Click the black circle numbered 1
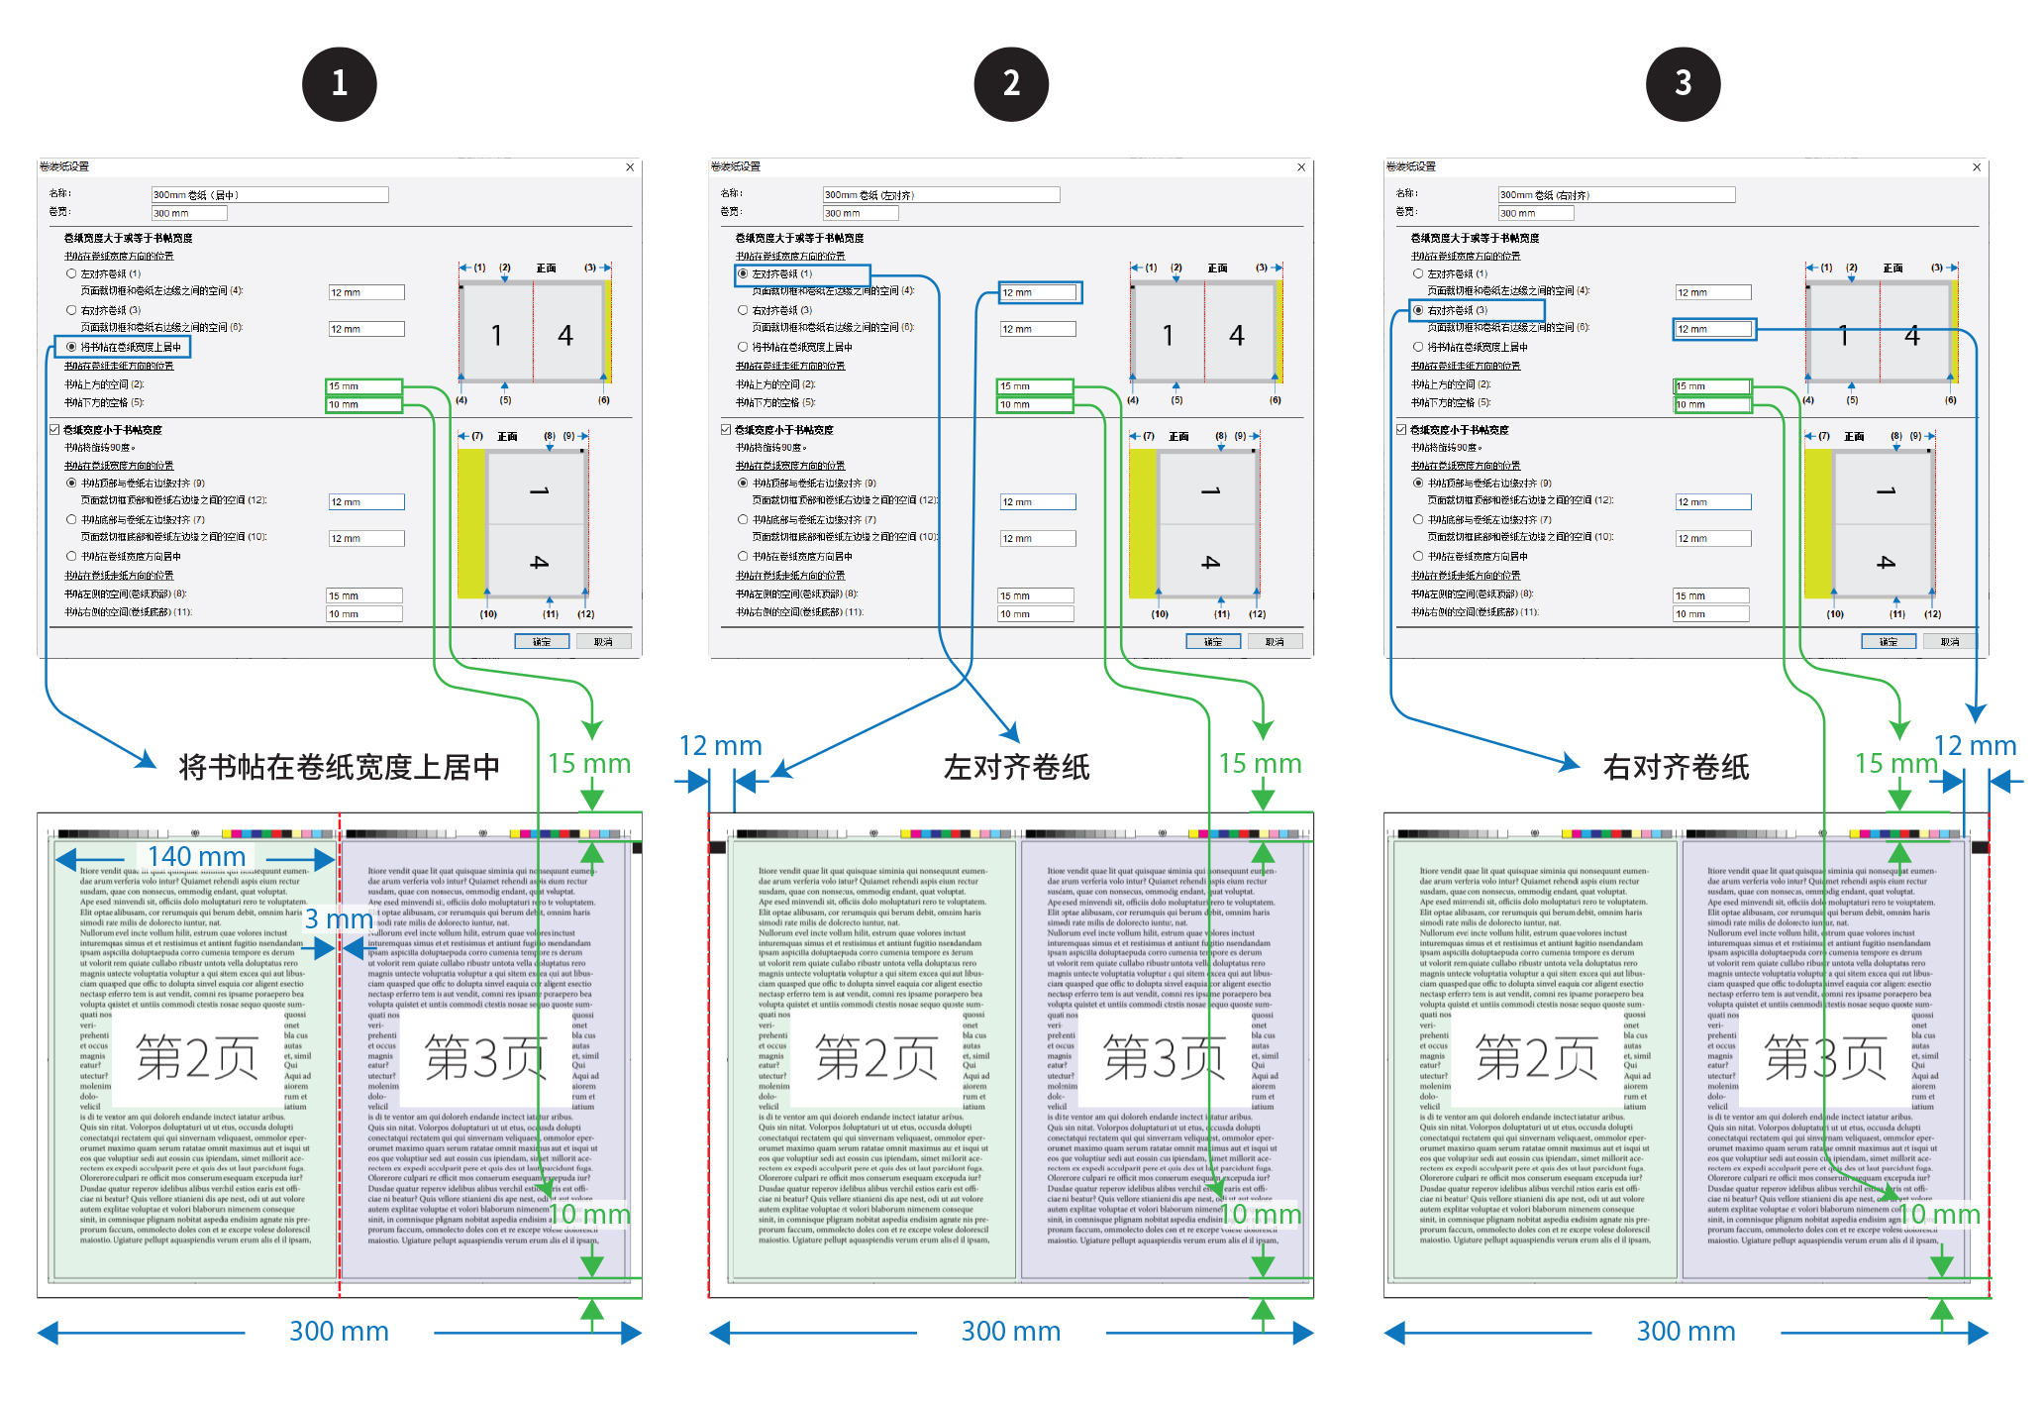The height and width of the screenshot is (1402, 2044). tap(339, 84)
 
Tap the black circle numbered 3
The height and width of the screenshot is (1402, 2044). tap(1683, 84)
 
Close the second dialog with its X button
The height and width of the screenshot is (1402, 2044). tap(1301, 167)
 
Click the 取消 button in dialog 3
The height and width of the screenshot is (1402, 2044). tap(1950, 641)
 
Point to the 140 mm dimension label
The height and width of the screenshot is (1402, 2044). tap(196, 856)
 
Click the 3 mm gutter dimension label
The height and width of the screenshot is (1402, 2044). tap(338, 919)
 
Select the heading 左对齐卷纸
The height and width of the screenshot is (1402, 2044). tap(1016, 767)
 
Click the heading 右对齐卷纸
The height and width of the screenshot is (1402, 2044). tap(1676, 767)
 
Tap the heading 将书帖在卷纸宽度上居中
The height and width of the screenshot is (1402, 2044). tap(339, 767)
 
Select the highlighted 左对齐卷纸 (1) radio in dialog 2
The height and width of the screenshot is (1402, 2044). tap(743, 273)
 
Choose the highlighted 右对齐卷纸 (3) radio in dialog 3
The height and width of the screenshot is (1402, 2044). tap(1418, 310)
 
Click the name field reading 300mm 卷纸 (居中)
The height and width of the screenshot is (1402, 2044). tap(269, 195)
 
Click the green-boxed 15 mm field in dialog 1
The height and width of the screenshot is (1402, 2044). tap(363, 386)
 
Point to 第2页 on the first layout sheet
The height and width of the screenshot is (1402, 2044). tap(196, 1058)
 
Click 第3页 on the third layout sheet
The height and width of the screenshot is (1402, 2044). tap(1824, 1058)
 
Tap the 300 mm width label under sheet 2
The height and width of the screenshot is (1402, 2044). tap(1010, 1331)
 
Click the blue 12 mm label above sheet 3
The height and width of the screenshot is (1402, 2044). tap(1975, 745)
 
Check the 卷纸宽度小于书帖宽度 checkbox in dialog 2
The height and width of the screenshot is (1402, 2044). tap(727, 430)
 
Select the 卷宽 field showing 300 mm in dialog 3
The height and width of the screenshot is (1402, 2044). tap(1535, 213)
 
